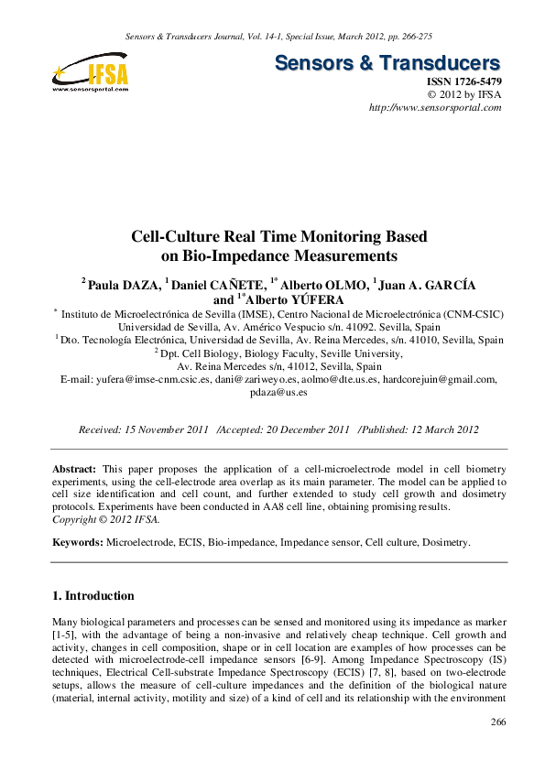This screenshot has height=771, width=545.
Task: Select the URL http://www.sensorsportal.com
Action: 435,107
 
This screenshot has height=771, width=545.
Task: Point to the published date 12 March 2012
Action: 426,429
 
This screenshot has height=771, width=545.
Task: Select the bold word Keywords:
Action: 78,542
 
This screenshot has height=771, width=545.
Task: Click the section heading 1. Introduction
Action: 93,595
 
